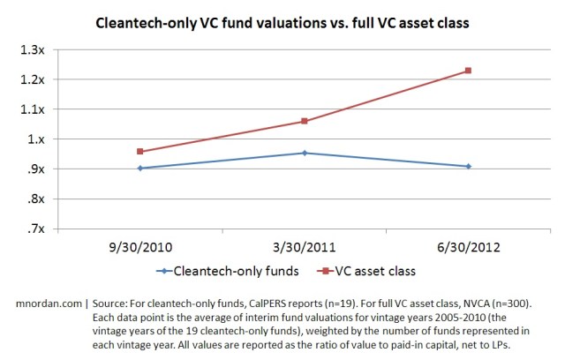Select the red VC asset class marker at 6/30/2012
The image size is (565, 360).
(x=469, y=71)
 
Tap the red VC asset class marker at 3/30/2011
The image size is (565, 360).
(x=305, y=121)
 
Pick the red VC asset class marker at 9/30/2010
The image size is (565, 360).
(x=140, y=152)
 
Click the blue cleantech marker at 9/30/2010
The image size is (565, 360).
(x=140, y=168)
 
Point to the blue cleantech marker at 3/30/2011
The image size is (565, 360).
(x=305, y=153)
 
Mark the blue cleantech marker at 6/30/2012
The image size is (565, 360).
(x=469, y=166)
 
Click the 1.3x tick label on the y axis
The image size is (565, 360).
(x=35, y=49)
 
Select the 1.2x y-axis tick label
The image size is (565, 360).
(x=35, y=79)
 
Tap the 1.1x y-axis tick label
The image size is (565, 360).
(x=35, y=109)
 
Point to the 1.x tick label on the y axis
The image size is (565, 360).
(x=38, y=139)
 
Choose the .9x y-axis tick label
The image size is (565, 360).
(x=38, y=169)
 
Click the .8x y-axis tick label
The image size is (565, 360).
(x=38, y=199)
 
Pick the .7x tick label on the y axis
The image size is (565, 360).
(x=38, y=229)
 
